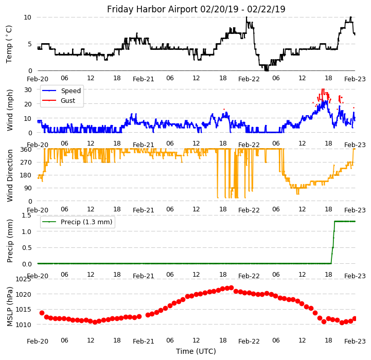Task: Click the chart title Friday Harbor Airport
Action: [x=196, y=9]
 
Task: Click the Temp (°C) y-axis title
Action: [x=9, y=44]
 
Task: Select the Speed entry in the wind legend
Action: [x=70, y=91]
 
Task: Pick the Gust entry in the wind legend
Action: [x=68, y=101]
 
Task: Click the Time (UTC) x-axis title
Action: [x=196, y=351]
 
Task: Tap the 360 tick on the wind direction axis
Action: [x=25, y=149]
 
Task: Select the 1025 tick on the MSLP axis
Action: [x=23, y=279]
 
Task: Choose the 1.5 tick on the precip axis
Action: [x=26, y=215]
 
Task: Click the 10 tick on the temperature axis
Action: [x=27, y=17]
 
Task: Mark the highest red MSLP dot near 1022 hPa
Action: [x=231, y=288]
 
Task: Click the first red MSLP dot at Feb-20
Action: [x=42, y=313]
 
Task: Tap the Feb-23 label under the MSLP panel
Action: [x=355, y=341]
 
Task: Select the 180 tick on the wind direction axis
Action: [x=25, y=175]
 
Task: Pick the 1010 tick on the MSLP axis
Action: [x=23, y=325]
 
